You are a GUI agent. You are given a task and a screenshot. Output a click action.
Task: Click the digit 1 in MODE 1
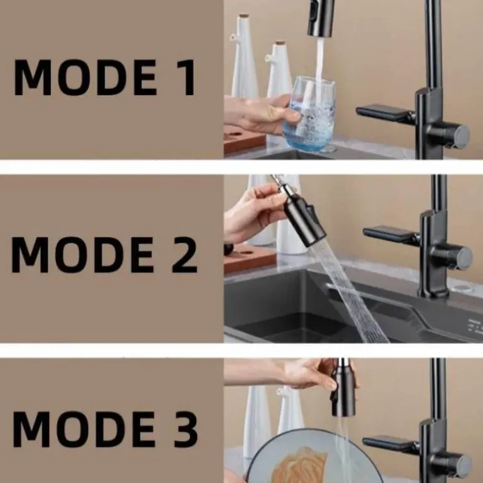pos(186,78)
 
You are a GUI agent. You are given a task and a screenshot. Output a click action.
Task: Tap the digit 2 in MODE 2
pos(184,255)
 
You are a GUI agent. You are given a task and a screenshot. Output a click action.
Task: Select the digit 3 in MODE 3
pos(186,429)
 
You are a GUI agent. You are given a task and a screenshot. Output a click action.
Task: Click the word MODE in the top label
pos(85,78)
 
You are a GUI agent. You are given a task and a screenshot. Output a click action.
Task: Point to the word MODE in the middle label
pos(83,255)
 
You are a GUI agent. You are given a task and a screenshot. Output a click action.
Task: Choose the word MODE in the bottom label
pos(83,429)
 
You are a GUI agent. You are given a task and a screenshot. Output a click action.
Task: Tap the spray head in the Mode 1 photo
pos(321,18)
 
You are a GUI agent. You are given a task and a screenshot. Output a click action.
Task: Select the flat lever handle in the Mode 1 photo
pos(385,113)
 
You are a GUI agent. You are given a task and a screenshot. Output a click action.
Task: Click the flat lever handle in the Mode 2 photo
pos(391,235)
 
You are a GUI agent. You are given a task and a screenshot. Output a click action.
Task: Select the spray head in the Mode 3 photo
pos(343,387)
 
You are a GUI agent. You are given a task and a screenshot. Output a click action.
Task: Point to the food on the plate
pos(298,465)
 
